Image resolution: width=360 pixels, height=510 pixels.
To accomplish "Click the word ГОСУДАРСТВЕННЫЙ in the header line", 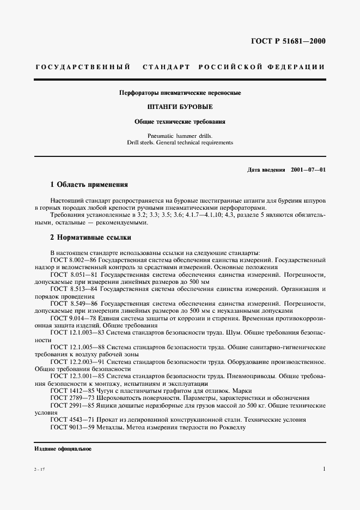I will tap(82, 67).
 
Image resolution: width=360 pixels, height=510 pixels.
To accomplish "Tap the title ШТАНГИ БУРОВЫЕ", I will tap(180, 107).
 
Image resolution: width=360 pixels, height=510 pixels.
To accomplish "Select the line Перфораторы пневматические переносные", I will tap(180, 93).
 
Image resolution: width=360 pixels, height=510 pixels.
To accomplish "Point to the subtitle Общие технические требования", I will tap(180, 122).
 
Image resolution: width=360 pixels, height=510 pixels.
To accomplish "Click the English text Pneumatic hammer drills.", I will tap(180, 135).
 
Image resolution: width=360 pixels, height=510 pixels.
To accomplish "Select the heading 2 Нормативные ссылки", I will tap(90, 238).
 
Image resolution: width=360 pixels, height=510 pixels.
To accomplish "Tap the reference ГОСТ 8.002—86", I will tap(74, 260).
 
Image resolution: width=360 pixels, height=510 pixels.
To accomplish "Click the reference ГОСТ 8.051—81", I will tap(74, 276).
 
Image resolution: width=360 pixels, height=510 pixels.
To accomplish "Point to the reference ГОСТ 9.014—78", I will tap(74, 317).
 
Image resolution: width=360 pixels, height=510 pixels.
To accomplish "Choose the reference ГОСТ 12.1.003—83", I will tap(78, 332).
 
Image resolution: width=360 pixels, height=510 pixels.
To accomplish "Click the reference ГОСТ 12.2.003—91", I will tap(78, 361).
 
